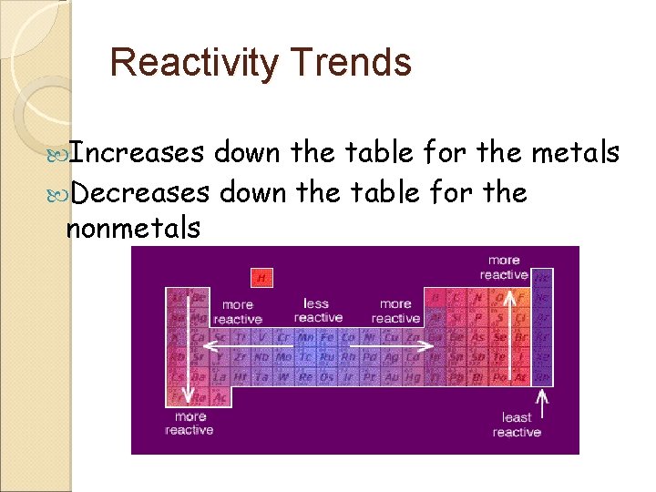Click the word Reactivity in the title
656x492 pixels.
[x=192, y=63]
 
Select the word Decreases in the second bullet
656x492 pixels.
[x=139, y=192]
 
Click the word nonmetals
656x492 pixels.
[x=133, y=229]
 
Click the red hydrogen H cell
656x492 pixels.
[x=262, y=277]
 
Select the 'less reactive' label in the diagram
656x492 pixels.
[x=317, y=311]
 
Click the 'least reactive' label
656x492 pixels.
[x=516, y=425]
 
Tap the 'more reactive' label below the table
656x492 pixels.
[x=190, y=423]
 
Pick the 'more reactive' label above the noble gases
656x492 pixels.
[x=504, y=267]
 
